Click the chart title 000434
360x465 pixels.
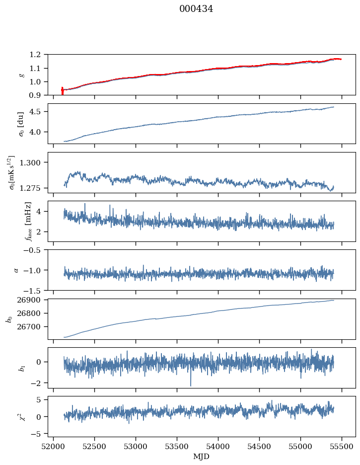(x=196, y=9)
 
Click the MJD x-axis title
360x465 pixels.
(x=202, y=456)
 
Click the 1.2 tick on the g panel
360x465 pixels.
(x=38, y=55)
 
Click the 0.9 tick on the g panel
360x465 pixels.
(x=38, y=95)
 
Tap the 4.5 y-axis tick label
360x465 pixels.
(x=38, y=112)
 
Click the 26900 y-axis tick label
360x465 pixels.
(x=33, y=300)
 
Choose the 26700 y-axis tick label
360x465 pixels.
(x=33, y=327)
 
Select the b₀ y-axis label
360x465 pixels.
(x=9, y=318)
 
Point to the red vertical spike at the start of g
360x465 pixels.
(x=62, y=91)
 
